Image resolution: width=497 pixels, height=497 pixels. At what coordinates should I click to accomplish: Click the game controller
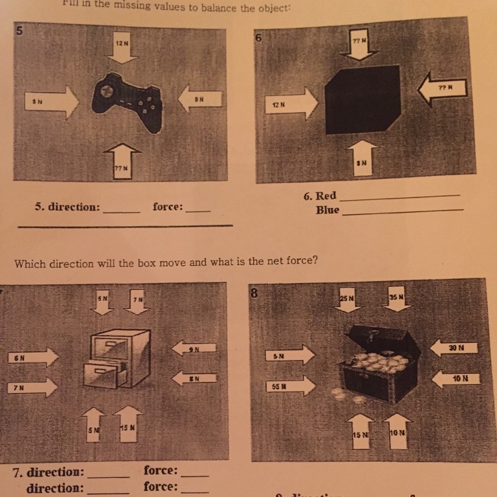click(128, 102)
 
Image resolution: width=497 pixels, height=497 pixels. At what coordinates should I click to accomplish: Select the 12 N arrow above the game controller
click(121, 48)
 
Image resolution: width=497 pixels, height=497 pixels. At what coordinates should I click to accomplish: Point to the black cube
click(363, 100)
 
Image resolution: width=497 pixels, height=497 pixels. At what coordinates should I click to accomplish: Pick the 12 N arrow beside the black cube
click(291, 105)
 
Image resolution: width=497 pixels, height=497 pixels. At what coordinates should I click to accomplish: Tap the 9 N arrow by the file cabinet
click(194, 347)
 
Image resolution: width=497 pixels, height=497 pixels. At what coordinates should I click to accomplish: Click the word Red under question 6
click(325, 196)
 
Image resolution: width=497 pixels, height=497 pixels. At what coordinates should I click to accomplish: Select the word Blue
click(327, 210)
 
